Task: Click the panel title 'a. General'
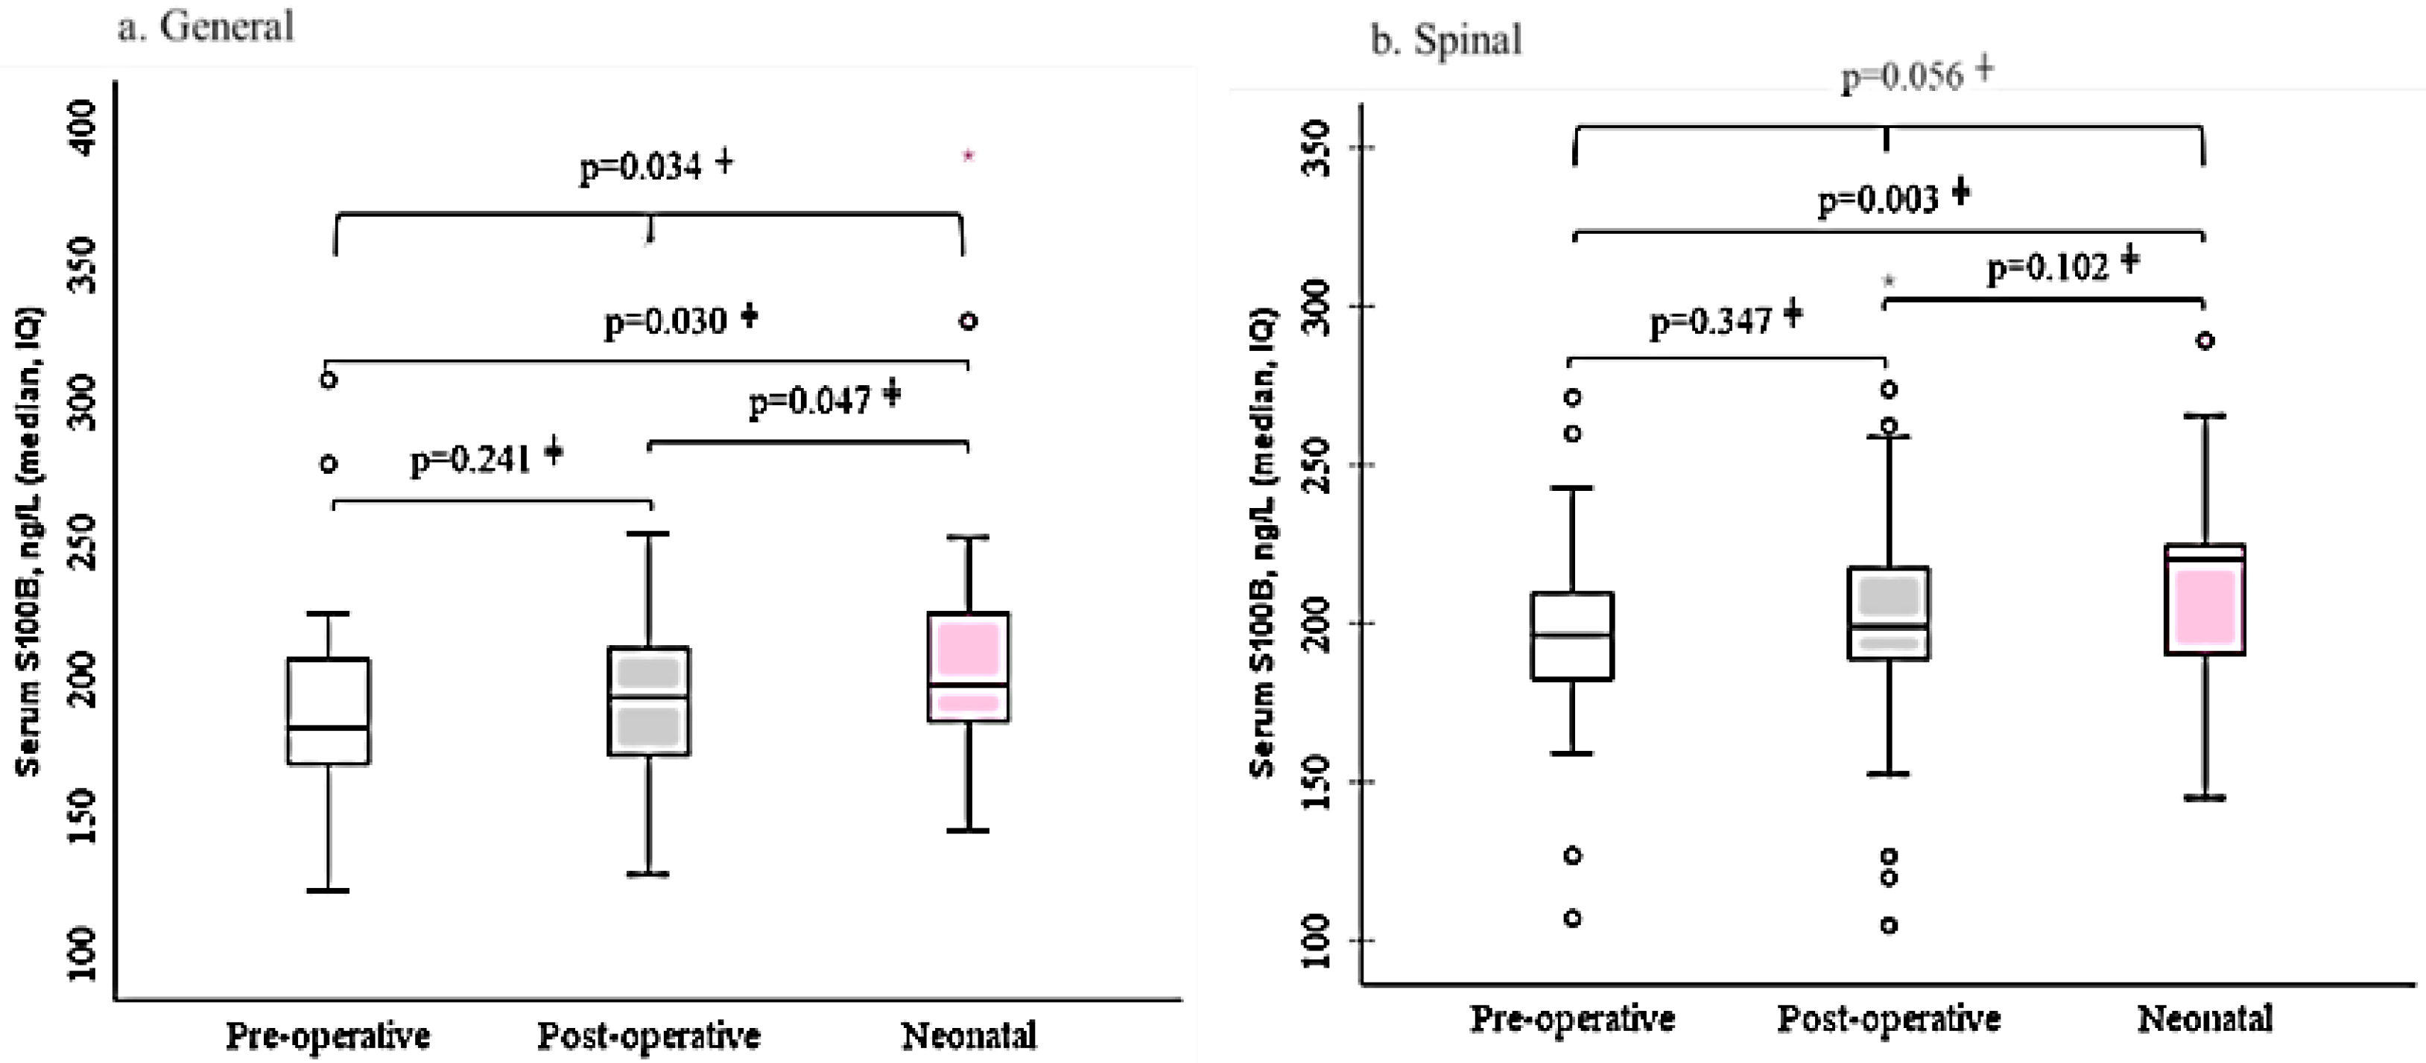pyautogui.click(x=206, y=26)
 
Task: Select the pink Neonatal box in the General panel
pyautogui.click(x=968, y=667)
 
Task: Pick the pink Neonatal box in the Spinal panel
pyautogui.click(x=2205, y=600)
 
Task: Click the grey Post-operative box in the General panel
pyautogui.click(x=649, y=702)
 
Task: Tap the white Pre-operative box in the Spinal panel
pyautogui.click(x=1572, y=635)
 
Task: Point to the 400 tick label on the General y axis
pyautogui.click(x=82, y=127)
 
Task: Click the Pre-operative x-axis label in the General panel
pyautogui.click(x=328, y=1035)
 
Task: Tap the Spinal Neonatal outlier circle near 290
pyautogui.click(x=2205, y=341)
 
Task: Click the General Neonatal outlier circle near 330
pyautogui.click(x=968, y=321)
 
